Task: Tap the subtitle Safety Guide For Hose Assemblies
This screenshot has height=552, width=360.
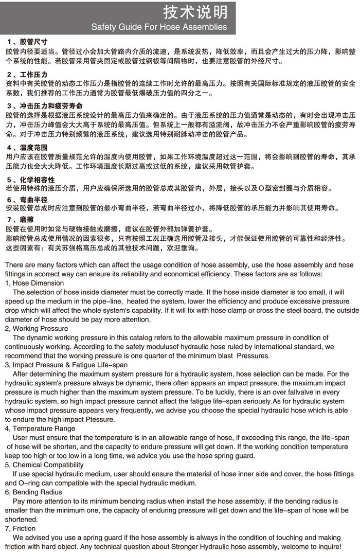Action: [x=159, y=27]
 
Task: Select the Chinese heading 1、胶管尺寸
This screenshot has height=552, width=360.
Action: [x=28, y=41]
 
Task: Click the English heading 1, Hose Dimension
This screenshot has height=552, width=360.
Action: [x=34, y=283]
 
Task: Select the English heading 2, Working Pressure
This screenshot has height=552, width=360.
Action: [x=37, y=328]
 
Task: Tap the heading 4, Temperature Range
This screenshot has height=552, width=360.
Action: [x=40, y=428]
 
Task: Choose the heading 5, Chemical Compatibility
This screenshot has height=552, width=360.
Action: [x=44, y=465]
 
